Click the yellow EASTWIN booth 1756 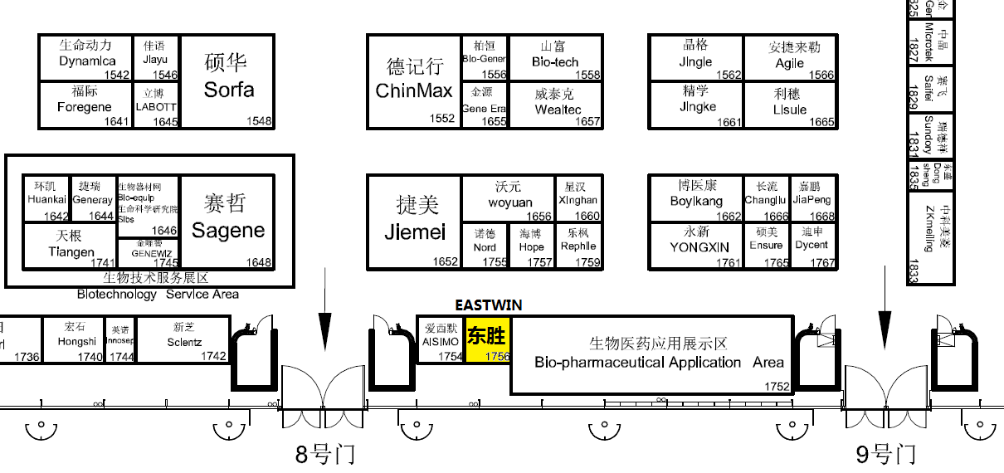(x=486, y=339)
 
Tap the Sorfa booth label (x=228, y=89)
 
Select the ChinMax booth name (x=414, y=90)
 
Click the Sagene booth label (x=228, y=230)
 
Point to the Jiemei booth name (x=415, y=232)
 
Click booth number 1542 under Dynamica (x=116, y=75)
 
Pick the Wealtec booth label (x=554, y=110)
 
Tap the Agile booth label (x=789, y=63)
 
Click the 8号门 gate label (x=325, y=454)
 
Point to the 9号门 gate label (x=885, y=454)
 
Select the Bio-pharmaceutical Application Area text (x=659, y=363)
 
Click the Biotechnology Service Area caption (x=158, y=294)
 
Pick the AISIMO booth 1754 (x=441, y=340)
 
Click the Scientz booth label (x=184, y=342)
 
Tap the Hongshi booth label (x=77, y=341)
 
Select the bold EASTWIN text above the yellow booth (x=489, y=305)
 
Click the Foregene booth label (x=84, y=107)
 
